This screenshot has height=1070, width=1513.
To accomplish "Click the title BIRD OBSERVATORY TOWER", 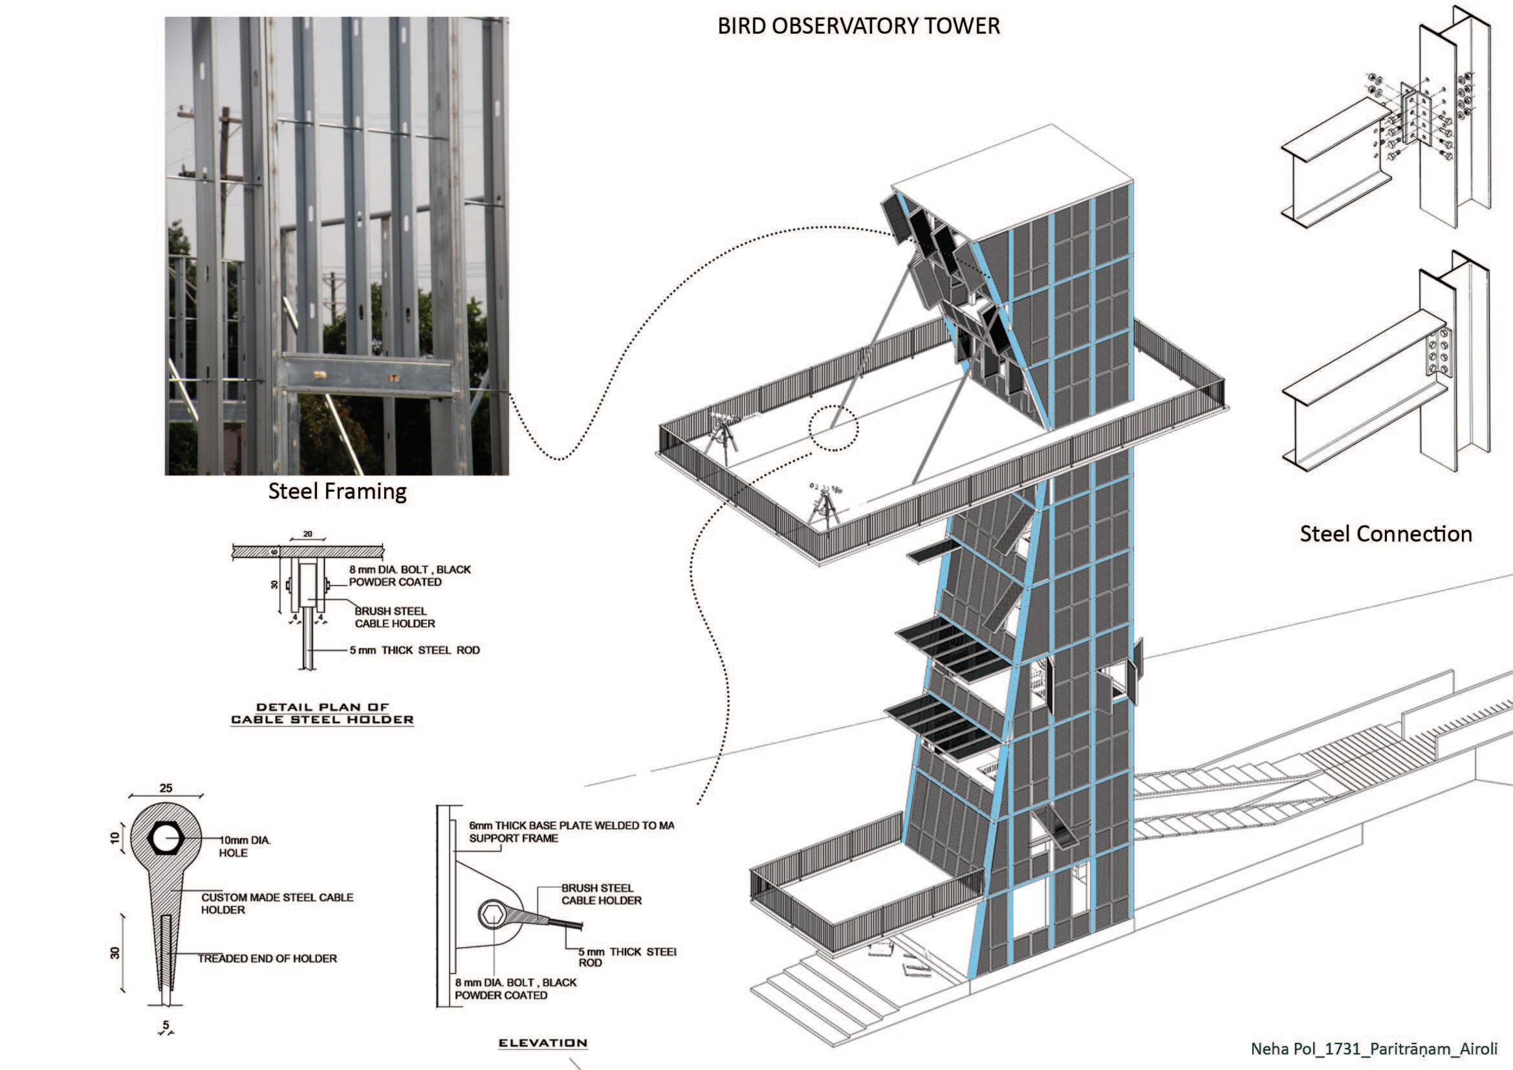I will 858,27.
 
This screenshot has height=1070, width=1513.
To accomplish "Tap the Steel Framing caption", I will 337,492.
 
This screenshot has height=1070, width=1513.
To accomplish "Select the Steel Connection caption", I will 1386,534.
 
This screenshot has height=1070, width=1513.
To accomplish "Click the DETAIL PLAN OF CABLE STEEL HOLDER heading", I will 322,714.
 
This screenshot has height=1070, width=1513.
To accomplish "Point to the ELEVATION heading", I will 542,1043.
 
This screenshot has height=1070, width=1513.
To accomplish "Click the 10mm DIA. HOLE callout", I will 245,847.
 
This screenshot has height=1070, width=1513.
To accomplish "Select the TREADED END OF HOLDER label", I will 268,959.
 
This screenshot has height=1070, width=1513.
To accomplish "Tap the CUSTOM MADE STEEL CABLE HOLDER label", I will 277,903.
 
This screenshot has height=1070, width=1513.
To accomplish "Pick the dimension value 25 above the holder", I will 166,788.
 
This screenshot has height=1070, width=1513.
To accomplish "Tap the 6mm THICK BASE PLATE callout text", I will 571,831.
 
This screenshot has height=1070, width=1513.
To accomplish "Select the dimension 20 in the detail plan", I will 308,534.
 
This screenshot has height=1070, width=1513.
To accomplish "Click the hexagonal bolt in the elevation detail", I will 491,914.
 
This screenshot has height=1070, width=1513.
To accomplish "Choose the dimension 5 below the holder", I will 166,1025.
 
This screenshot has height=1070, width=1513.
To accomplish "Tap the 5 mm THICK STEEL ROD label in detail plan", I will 415,650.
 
